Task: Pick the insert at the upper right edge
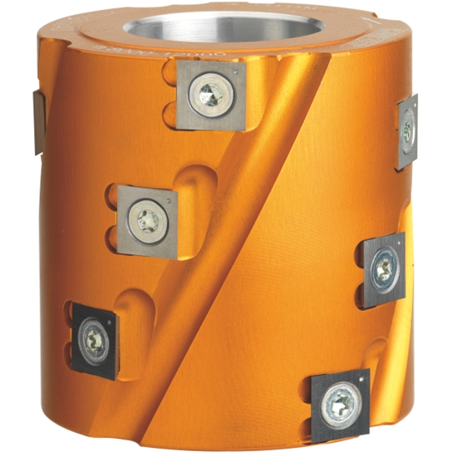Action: (x=406, y=130)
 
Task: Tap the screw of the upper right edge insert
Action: (x=407, y=130)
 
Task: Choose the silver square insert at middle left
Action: (x=148, y=221)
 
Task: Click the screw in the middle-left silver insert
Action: (x=149, y=221)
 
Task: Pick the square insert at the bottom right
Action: (x=339, y=405)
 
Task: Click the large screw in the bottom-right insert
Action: (x=338, y=405)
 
